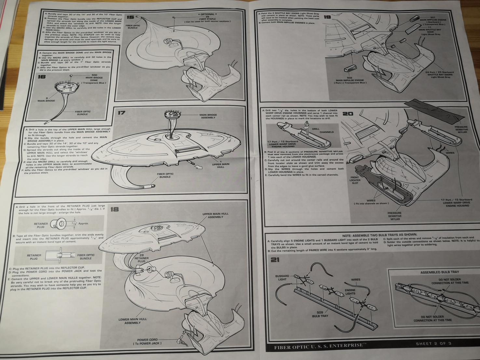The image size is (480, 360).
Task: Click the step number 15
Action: pyautogui.click(x=130, y=17)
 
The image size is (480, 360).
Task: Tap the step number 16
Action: pyautogui.click(x=42, y=77)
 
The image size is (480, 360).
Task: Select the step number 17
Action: pyautogui.click(x=121, y=113)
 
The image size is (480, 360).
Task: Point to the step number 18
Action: pyautogui.click(x=114, y=209)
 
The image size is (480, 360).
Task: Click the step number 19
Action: pyautogui.click(x=327, y=17)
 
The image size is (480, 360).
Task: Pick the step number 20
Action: pyautogui.click(x=348, y=114)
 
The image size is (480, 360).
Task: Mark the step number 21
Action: pyautogui.click(x=275, y=260)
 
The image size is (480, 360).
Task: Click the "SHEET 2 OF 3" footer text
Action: pyautogui.click(x=433, y=344)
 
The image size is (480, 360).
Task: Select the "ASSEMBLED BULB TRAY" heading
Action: pyautogui.click(x=440, y=272)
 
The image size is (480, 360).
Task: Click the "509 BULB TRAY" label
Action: pyautogui.click(x=320, y=314)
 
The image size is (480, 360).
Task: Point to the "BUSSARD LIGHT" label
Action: pyautogui.click(x=282, y=278)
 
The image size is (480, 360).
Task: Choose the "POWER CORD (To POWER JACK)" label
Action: pyautogui.click(x=147, y=341)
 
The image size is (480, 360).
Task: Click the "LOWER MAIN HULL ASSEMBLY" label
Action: pyautogui.click(x=132, y=321)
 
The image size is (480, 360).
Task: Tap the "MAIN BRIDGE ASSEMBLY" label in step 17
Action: pyautogui.click(x=208, y=116)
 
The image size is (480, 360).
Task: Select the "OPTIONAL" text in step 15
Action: pyautogui.click(x=207, y=14)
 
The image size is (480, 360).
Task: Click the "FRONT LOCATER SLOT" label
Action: pyautogui.click(x=355, y=180)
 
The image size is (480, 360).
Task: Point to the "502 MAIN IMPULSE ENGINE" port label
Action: pyautogui.click(x=350, y=80)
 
